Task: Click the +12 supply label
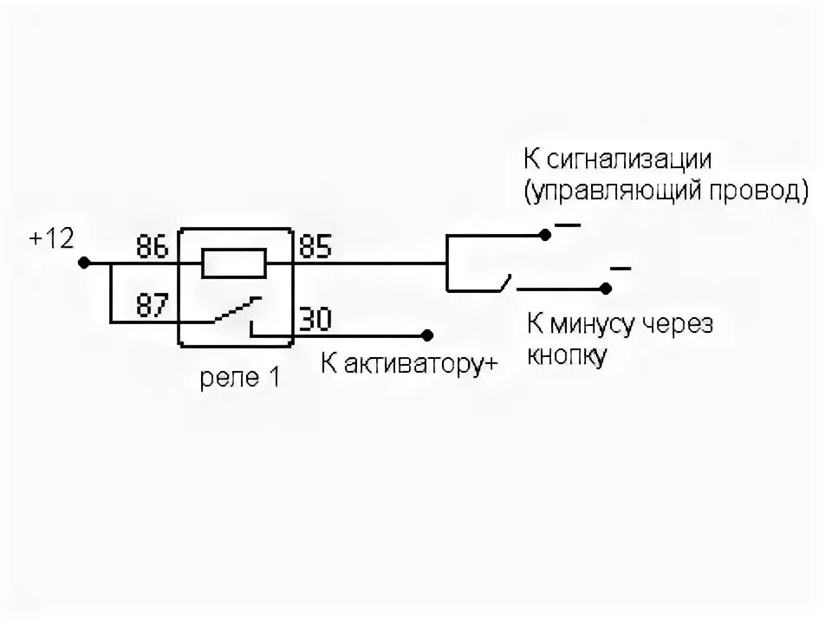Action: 52,239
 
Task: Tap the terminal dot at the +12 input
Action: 84,262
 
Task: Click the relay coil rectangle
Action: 233,263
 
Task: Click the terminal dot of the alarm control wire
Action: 544,235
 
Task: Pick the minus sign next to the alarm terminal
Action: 568,225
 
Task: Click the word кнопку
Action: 567,355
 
